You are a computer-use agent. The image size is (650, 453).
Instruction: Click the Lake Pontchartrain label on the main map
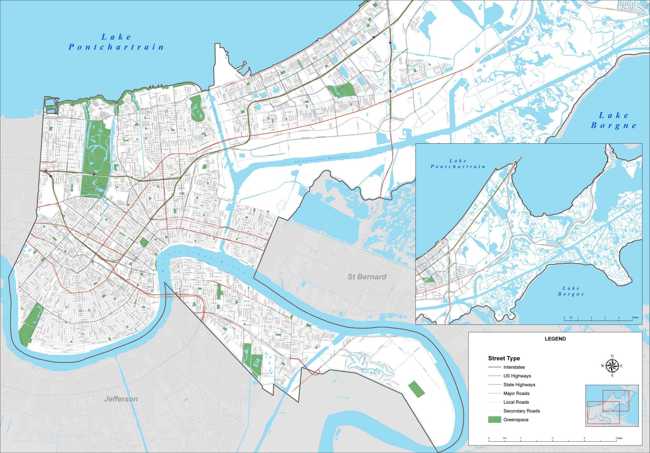(x=116, y=42)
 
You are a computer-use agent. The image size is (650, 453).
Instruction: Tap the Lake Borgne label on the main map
(x=614, y=120)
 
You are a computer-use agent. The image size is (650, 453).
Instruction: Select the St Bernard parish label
(x=367, y=277)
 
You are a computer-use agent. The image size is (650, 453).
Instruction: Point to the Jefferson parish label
(x=121, y=399)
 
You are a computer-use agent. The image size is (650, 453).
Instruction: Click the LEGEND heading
(x=555, y=339)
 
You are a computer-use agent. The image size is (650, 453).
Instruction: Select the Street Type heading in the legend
(x=504, y=358)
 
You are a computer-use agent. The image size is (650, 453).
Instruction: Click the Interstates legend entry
(x=514, y=367)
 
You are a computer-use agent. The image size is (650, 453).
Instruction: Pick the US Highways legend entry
(x=517, y=376)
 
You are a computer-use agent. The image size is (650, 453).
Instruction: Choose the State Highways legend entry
(x=519, y=385)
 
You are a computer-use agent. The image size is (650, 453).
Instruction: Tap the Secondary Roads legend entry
(x=522, y=411)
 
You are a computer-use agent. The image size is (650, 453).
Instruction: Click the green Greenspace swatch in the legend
(x=495, y=420)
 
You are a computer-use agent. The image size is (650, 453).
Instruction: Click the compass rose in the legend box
(x=612, y=366)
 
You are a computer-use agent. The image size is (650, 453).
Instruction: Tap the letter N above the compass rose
(x=612, y=356)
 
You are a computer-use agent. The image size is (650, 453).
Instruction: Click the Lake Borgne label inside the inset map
(x=571, y=291)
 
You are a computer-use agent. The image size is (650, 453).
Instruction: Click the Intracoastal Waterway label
(x=322, y=159)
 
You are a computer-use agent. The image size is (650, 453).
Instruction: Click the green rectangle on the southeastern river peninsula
(x=416, y=389)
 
